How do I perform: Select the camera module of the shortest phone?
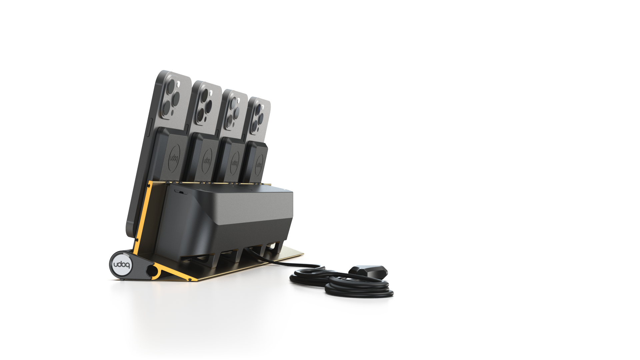click(x=259, y=117)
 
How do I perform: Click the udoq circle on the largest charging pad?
click(x=174, y=158)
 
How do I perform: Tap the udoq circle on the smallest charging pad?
click(x=259, y=165)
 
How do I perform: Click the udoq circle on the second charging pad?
click(x=207, y=161)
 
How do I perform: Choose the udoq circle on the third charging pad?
click(x=235, y=163)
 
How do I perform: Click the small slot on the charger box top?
click(x=180, y=192)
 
